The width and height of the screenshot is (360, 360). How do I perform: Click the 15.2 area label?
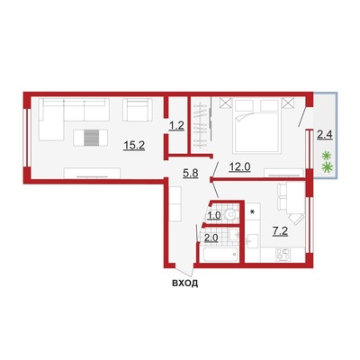[x=134, y=146]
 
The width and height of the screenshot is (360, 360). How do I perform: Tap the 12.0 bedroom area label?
[x=239, y=166]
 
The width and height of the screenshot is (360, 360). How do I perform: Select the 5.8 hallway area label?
[x=191, y=173]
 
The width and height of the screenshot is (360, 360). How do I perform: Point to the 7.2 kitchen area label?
[x=280, y=231]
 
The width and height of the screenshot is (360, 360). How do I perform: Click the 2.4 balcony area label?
[x=325, y=135]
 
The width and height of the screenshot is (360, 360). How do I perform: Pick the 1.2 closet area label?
[x=176, y=126]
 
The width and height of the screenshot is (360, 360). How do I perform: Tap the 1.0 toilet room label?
[x=214, y=215]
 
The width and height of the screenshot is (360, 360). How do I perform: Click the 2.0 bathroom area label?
[x=211, y=238]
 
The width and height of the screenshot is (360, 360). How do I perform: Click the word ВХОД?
[x=184, y=283]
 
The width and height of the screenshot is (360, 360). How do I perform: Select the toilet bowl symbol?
[x=230, y=214]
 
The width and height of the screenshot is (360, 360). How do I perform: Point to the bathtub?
[x=220, y=255]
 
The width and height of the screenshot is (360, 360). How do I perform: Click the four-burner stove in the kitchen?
[x=283, y=255]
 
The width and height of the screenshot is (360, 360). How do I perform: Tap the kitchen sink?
[x=252, y=240]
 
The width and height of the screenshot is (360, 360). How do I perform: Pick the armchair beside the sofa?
[x=136, y=110]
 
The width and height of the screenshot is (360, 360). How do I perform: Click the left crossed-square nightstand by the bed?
[x=226, y=103]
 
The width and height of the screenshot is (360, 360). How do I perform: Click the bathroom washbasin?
[x=233, y=235]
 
